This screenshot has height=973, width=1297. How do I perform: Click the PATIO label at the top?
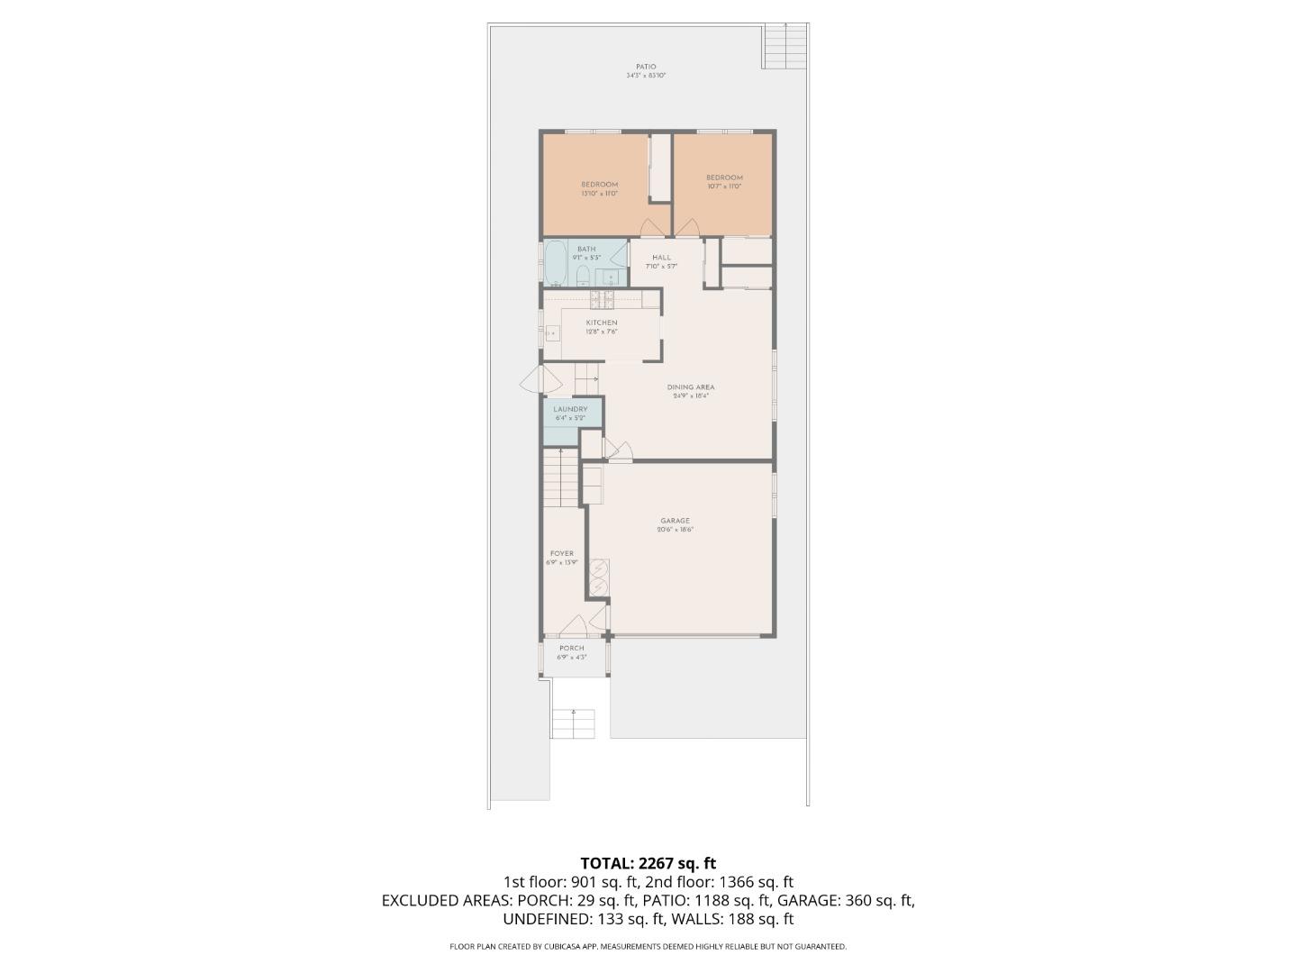(x=646, y=67)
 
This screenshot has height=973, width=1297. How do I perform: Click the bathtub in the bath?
(x=555, y=263)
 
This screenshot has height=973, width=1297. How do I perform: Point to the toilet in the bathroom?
(x=583, y=274)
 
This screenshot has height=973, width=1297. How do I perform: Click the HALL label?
(x=662, y=258)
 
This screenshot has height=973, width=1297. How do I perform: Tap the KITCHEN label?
(x=602, y=323)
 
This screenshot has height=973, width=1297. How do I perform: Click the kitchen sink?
(x=551, y=333)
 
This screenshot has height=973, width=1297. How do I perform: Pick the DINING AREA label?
(x=691, y=387)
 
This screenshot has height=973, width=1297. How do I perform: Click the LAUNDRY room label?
(x=570, y=409)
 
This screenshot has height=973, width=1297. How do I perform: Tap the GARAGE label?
(x=675, y=521)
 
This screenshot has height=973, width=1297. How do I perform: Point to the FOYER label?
(x=561, y=554)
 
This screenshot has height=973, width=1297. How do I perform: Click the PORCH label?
(x=572, y=648)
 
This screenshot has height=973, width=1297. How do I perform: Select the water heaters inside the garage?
(x=599, y=577)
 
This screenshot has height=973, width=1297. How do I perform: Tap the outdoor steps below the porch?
(x=574, y=723)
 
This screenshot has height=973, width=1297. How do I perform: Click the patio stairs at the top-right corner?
(x=785, y=46)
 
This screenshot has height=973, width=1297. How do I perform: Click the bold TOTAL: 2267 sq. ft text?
(x=648, y=863)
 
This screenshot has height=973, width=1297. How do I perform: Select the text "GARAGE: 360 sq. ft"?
(x=846, y=900)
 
